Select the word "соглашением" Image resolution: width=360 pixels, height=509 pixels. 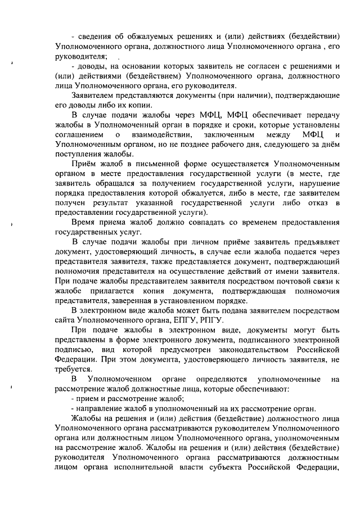click(80, 135)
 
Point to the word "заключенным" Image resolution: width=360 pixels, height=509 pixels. click(230, 135)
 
